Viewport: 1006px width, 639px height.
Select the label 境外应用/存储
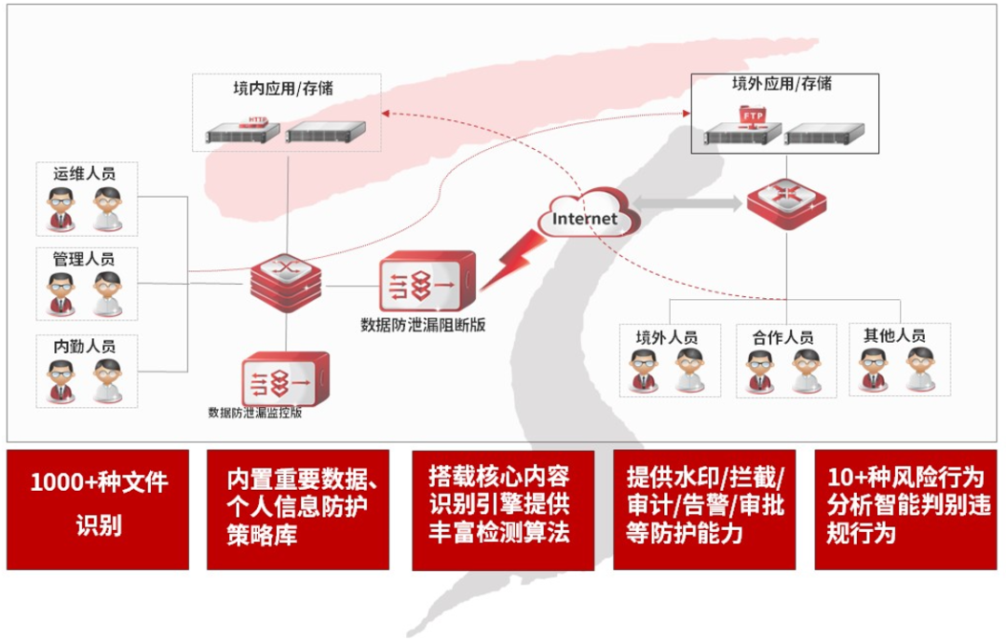782,85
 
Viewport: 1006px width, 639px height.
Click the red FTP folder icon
751,115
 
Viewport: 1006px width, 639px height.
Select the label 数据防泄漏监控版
255,412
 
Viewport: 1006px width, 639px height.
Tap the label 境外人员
667,337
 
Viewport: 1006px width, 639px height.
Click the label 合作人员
782,337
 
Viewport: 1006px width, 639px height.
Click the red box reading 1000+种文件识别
98,509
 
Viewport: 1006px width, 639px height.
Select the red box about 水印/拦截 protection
705,509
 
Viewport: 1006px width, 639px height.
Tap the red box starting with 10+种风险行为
905,509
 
